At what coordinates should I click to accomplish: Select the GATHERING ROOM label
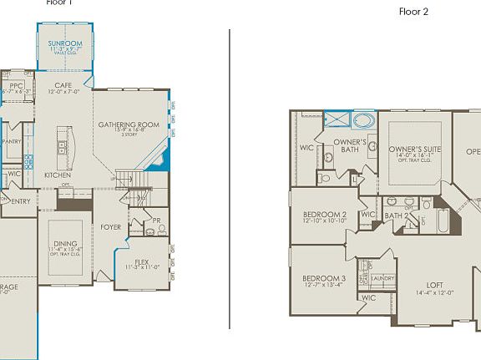tap(128, 125)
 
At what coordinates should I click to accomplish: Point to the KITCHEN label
tap(57, 175)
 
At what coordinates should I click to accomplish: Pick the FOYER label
tap(110, 226)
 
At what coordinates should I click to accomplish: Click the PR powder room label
tap(156, 221)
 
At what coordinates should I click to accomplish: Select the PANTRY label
tap(12, 142)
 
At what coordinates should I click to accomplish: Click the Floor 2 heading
tap(413, 12)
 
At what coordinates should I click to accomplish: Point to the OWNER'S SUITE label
tap(415, 149)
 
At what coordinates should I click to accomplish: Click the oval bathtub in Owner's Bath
tap(365, 119)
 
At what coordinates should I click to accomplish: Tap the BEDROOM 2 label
tap(325, 215)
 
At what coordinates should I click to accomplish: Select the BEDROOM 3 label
tap(324, 278)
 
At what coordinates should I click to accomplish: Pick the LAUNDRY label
tap(382, 278)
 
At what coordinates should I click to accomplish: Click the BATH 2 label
tap(396, 215)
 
